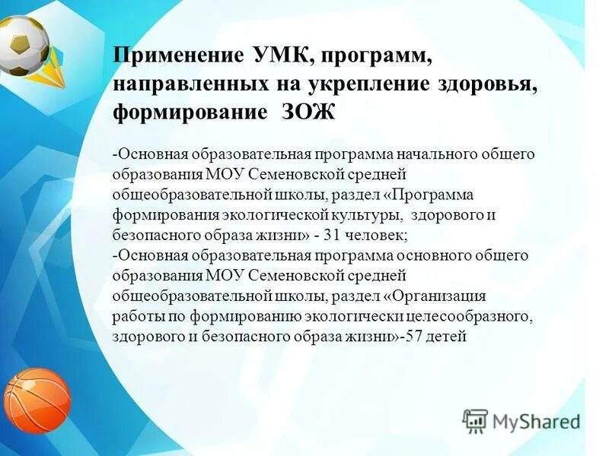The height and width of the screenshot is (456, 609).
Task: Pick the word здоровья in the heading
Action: pyautogui.click(x=487, y=84)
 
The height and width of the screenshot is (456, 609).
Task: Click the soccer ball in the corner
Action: pyautogui.click(x=23, y=44)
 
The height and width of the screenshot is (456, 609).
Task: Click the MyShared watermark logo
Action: pyautogui.click(x=521, y=420)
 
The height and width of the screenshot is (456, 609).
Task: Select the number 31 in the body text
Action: pyautogui.click(x=333, y=235)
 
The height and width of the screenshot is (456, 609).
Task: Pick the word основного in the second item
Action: pyautogui.click(x=422, y=255)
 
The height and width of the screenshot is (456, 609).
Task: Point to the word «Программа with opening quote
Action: pyautogui.click(x=429, y=195)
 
